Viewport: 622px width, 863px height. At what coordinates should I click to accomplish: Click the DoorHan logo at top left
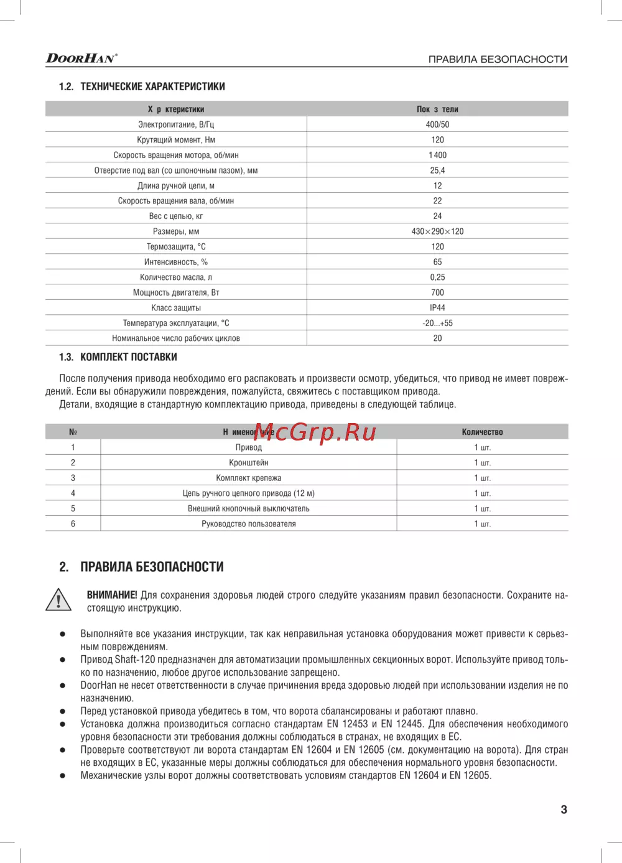click(81, 58)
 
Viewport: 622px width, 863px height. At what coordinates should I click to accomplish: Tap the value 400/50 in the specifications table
click(437, 124)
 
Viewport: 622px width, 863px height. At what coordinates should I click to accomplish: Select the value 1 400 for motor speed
click(437, 155)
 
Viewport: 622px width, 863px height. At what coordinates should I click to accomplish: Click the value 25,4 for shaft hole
click(437, 170)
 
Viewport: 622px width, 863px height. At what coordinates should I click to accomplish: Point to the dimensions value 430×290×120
click(437, 231)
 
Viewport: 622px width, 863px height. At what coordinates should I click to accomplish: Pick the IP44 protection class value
click(437, 308)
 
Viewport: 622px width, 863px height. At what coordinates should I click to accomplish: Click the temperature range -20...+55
click(437, 324)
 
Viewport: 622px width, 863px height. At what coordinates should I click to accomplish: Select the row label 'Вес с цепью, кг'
click(176, 217)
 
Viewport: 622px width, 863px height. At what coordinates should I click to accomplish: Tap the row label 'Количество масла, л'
click(176, 278)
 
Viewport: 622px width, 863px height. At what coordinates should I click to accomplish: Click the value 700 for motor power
click(437, 292)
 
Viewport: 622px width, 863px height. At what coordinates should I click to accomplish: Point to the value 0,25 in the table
click(437, 278)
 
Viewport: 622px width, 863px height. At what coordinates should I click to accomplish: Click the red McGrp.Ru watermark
click(315, 431)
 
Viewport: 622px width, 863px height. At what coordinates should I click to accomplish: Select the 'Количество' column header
click(482, 432)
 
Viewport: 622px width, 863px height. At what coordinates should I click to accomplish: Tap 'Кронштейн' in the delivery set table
click(249, 463)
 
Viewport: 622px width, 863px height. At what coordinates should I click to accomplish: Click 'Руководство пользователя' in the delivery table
click(249, 524)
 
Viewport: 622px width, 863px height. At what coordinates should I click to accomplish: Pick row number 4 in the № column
click(73, 493)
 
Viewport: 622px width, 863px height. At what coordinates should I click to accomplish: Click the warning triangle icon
click(58, 600)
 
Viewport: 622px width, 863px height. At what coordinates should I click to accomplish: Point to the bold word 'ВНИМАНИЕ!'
click(112, 595)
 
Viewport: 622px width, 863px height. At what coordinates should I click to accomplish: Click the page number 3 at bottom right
click(564, 809)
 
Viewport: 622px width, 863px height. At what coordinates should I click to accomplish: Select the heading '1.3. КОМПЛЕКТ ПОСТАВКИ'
click(118, 357)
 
